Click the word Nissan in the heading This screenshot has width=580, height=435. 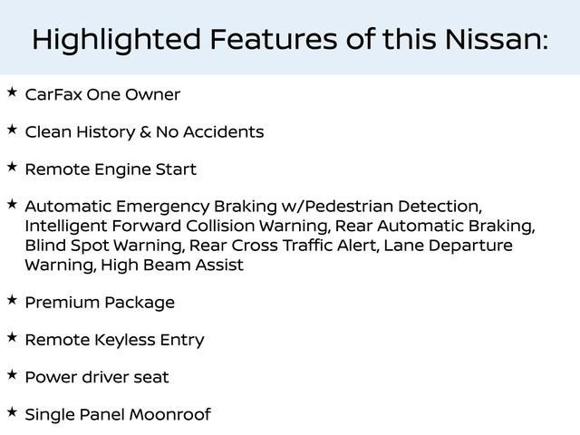(495, 40)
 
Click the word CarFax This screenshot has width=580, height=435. (55, 94)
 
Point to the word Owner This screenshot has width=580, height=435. (154, 94)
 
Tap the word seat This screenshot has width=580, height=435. (149, 378)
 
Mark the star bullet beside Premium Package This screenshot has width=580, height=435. (12, 300)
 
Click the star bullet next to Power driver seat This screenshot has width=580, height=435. (12, 374)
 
